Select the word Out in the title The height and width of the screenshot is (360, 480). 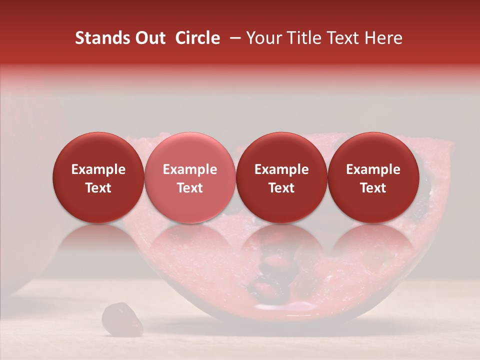pos(149,38)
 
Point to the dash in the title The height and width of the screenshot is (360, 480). pos(234,38)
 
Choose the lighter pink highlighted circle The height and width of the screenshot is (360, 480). pos(189,177)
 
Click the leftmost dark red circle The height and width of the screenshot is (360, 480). pos(98,177)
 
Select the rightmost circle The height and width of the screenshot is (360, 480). pos(373,177)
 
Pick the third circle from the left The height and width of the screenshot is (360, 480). pos(281,177)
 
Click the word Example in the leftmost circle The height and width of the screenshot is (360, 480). pos(98,169)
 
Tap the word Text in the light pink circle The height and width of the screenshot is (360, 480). pos(189,188)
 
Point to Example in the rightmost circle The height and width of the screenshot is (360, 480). pos(373,169)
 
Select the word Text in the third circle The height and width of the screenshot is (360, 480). pos(281,188)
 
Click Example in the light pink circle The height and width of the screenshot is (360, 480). pos(189,169)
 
